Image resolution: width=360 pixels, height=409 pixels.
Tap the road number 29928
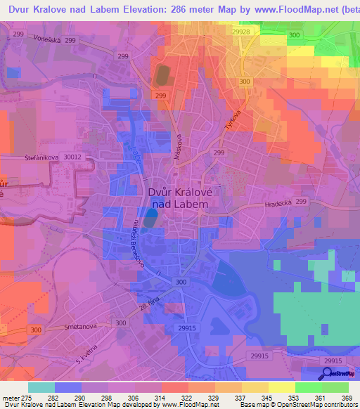coord(241,32)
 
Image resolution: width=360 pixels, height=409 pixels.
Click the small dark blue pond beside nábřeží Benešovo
coord(150,220)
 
